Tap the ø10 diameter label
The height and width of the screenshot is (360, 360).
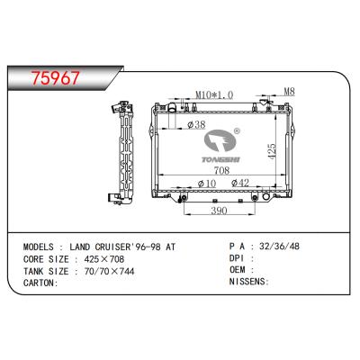(206, 184)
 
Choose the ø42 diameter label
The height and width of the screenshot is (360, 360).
(240, 184)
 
